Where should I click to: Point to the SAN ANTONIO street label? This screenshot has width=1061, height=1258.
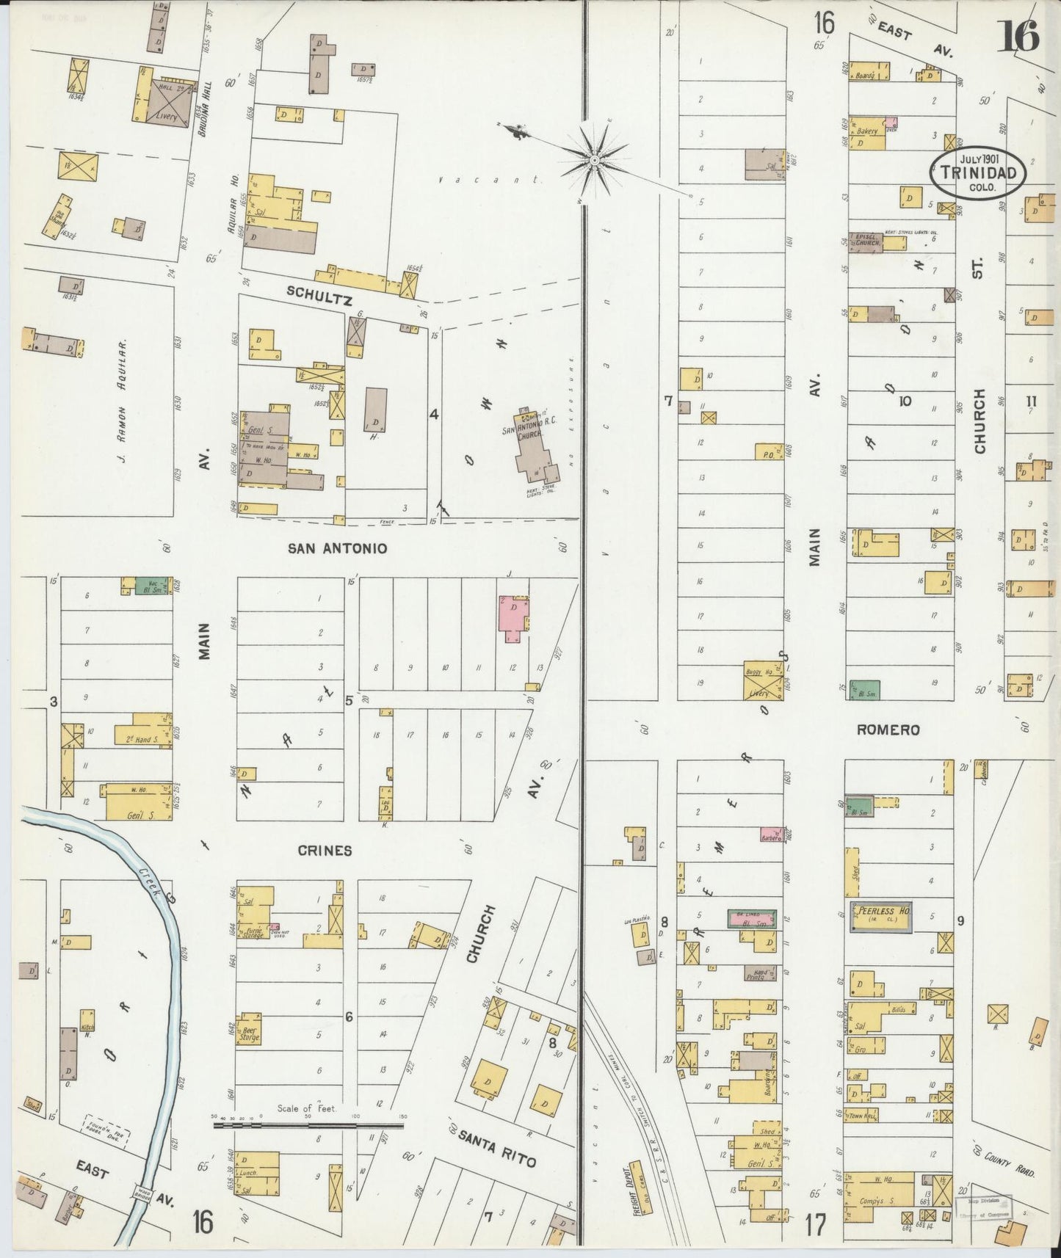pyautogui.click(x=337, y=548)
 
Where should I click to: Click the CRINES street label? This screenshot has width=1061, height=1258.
pyautogui.click(x=325, y=851)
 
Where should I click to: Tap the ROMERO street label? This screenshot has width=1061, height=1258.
pyautogui.click(x=888, y=730)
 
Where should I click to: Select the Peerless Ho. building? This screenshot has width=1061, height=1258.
pyautogui.click(x=881, y=917)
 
